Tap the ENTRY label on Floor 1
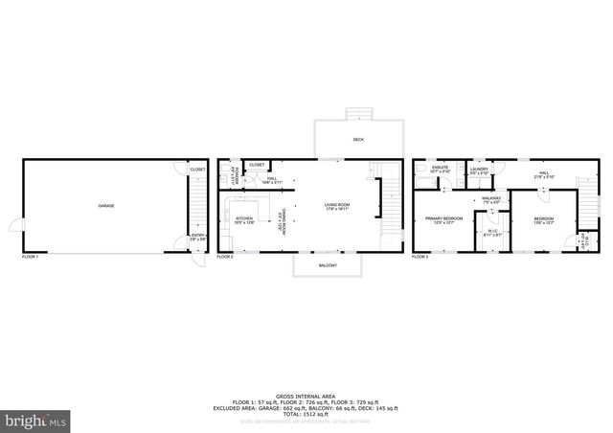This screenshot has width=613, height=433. (x=197, y=236)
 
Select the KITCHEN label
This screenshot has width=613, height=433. (x=244, y=219)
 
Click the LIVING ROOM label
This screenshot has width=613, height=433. (x=336, y=206)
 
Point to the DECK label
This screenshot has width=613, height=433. (x=358, y=140)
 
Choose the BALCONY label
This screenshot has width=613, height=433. (x=328, y=265)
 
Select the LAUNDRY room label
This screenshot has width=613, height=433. (x=479, y=170)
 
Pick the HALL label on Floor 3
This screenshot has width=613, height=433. (x=543, y=173)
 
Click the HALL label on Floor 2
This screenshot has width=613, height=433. (x=272, y=178)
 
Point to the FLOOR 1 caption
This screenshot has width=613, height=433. (x=33, y=257)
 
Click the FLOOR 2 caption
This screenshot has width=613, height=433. (x=225, y=257)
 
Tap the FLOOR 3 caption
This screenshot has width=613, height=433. (x=422, y=257)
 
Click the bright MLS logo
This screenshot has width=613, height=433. (x=36, y=420)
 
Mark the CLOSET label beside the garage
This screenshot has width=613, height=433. (x=197, y=170)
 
